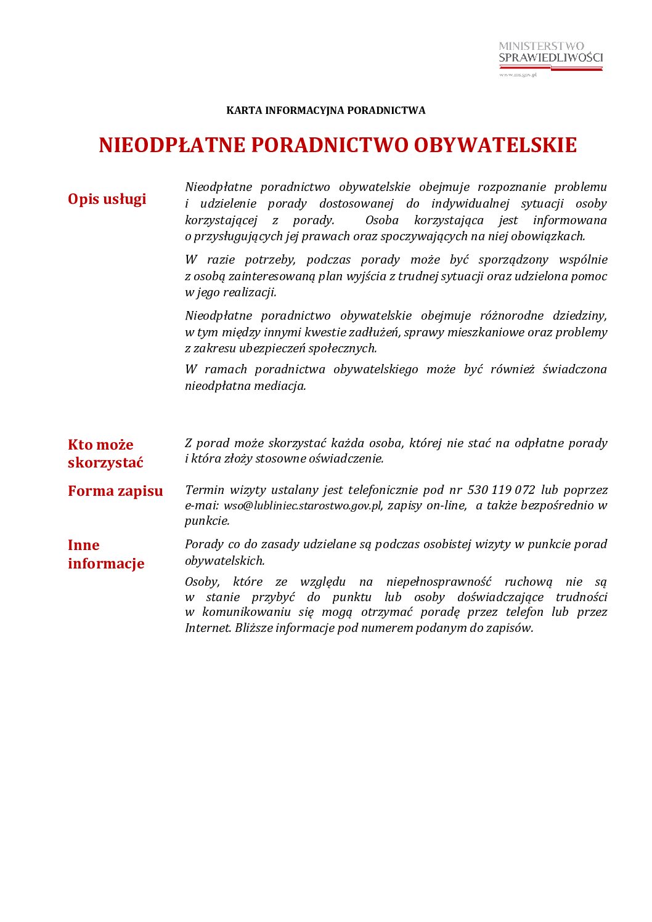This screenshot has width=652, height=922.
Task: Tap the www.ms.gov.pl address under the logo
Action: tap(518, 75)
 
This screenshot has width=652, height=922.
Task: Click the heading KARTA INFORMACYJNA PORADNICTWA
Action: tap(325, 111)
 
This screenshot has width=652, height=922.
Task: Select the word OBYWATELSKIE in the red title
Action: tap(495, 145)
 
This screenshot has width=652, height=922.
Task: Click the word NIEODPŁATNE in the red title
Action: tap(172, 145)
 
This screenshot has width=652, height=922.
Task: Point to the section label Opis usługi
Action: tap(107, 199)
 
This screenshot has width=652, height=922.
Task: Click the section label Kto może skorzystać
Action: tap(105, 453)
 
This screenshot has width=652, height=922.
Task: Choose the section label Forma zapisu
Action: tap(115, 491)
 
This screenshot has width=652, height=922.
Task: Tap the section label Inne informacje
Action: tap(106, 554)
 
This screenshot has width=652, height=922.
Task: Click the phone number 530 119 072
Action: tap(501, 490)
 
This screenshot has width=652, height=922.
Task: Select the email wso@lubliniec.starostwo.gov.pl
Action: tap(303, 506)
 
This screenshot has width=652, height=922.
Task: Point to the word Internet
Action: tap(208, 628)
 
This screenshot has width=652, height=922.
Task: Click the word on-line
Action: tap(446, 506)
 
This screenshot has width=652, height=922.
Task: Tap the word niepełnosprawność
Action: tap(439, 582)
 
